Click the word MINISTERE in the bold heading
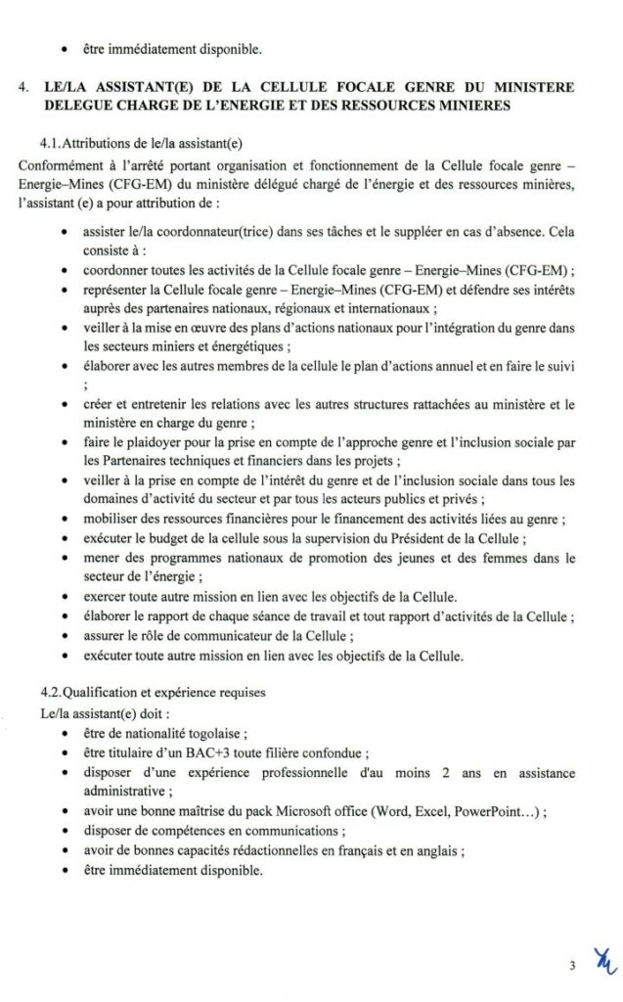point(527,87)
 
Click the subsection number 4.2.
point(53,693)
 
